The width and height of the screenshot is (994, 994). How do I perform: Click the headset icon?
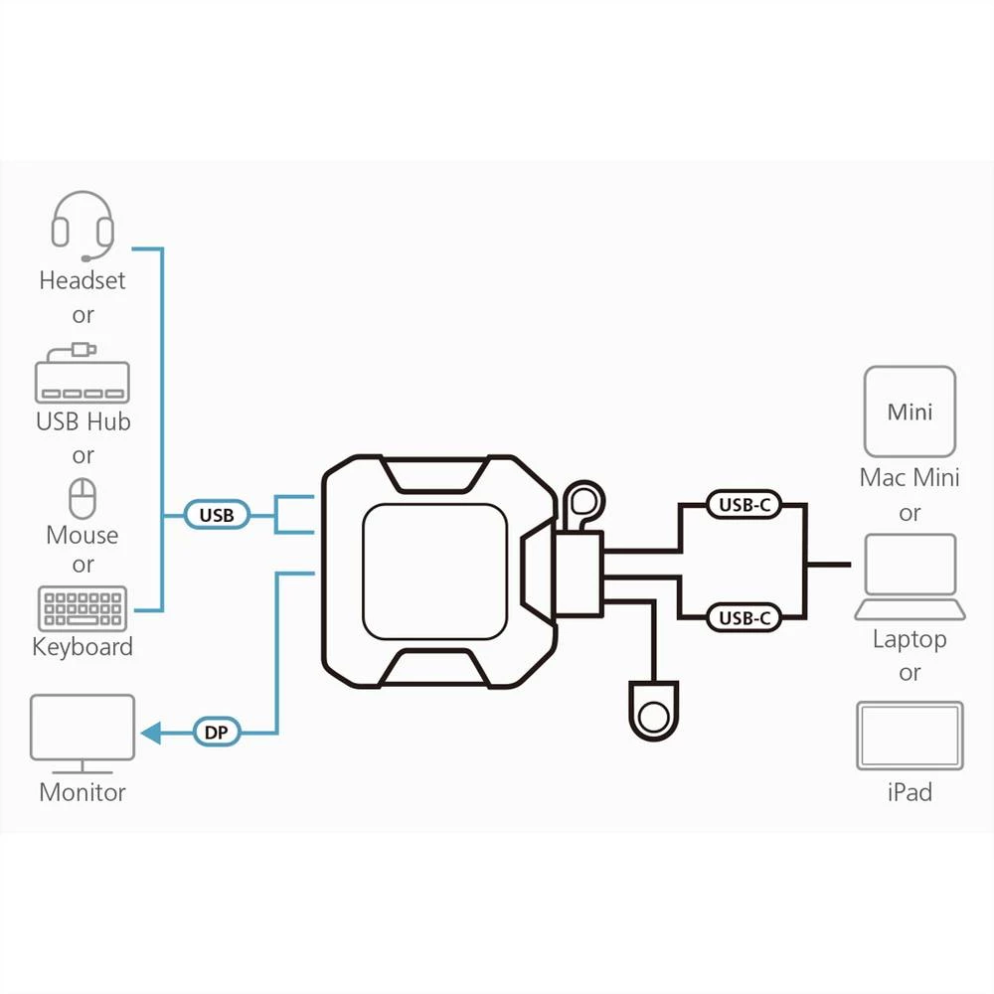pos(83,226)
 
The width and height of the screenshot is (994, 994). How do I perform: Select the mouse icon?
pos(82,496)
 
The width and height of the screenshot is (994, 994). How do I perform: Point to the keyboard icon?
pos(82,607)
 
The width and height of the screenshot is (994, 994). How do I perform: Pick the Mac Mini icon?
pos(910,412)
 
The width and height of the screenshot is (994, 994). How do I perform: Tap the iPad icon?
pos(910,737)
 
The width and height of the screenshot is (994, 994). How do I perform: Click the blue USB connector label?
pos(217,515)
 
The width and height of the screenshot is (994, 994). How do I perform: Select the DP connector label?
pos(217,734)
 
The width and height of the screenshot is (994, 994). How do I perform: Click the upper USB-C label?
pos(745,505)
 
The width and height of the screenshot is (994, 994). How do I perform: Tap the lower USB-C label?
pos(745,618)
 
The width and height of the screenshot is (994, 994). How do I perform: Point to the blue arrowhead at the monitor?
pos(151,734)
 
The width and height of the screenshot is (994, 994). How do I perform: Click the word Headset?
pos(83,280)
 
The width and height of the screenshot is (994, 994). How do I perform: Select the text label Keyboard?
pos(83,647)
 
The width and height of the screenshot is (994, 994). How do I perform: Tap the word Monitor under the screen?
pos(83,792)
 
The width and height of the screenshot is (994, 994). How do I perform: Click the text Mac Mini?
pos(910,478)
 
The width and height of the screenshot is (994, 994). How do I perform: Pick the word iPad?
pos(910,792)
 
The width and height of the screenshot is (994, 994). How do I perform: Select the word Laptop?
pos(910,639)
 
